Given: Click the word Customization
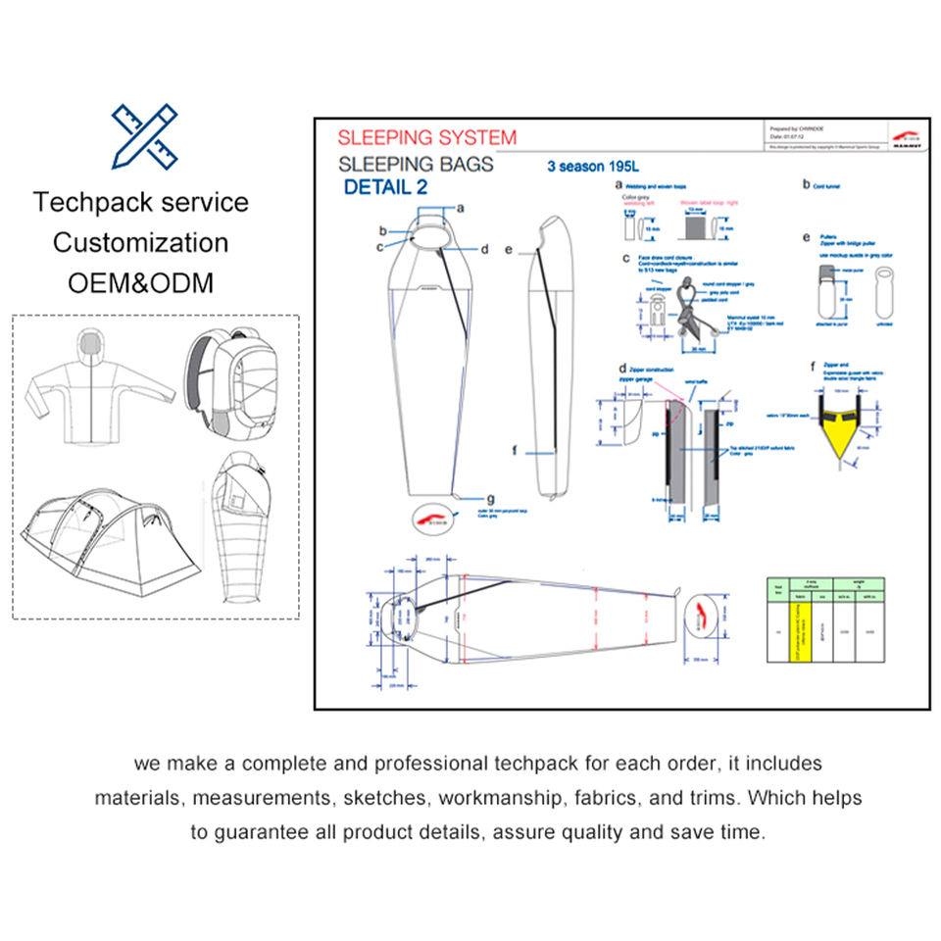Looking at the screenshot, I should tap(140, 242).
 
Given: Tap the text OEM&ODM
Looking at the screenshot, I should tap(140, 282).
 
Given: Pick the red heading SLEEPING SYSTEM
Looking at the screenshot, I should tap(426, 137).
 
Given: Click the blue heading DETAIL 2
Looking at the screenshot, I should tap(385, 187).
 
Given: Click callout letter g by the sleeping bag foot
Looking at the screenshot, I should tap(491, 498).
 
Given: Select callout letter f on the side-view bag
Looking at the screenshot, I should tap(512, 451).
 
